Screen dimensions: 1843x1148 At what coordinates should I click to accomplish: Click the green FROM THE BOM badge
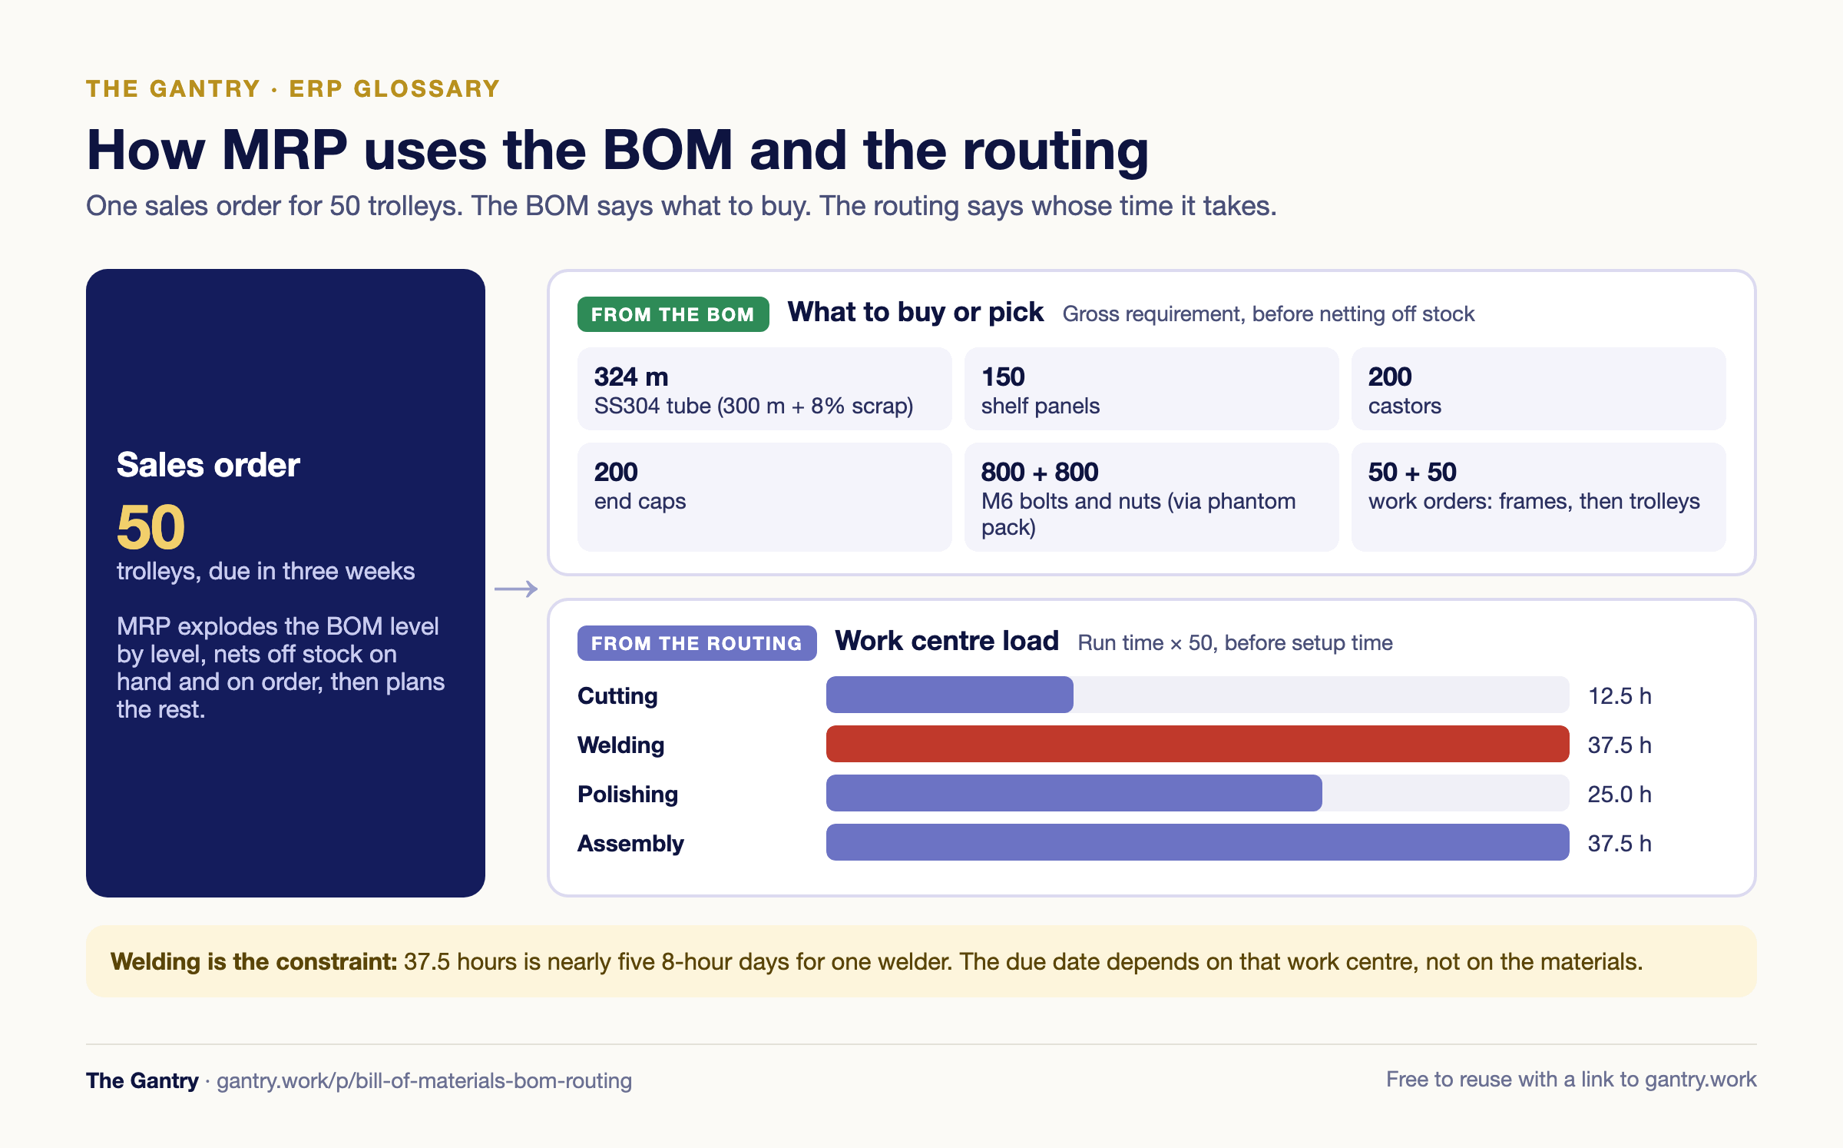(x=673, y=314)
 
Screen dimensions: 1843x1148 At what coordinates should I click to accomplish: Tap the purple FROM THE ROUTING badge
(x=697, y=643)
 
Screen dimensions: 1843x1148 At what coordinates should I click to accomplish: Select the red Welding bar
(x=1197, y=744)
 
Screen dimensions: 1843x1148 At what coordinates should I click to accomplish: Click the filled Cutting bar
(x=950, y=695)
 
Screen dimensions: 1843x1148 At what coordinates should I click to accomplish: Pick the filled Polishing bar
(x=1074, y=793)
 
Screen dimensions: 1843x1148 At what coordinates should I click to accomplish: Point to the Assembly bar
(x=1197, y=842)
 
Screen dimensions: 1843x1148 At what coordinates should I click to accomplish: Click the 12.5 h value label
(x=1620, y=695)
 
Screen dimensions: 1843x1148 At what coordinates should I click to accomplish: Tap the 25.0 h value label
(x=1620, y=794)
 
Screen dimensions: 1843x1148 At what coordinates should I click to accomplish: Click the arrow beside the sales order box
(x=516, y=589)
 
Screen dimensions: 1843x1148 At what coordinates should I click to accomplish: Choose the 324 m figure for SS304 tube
(x=631, y=377)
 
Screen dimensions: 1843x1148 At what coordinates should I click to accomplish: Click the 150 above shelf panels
(x=1003, y=377)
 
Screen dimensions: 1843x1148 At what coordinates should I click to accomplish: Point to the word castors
(x=1405, y=406)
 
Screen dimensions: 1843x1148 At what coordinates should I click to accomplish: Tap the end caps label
(x=640, y=501)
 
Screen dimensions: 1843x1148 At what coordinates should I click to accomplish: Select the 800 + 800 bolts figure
(x=1040, y=472)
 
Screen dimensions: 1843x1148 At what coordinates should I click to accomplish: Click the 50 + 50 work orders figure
(x=1412, y=472)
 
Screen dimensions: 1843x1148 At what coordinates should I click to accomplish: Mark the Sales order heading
(x=208, y=465)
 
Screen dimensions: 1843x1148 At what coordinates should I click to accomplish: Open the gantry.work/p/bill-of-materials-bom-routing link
(x=424, y=1080)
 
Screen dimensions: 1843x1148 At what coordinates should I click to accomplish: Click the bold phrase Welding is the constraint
(x=253, y=961)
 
